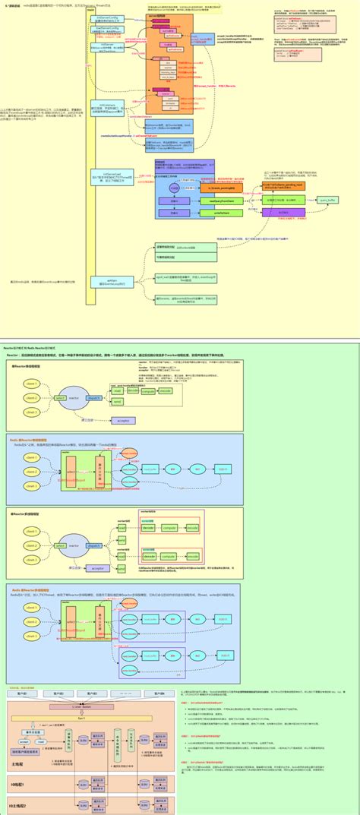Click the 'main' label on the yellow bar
click(x=90, y=10)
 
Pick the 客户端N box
click(x=156, y=694)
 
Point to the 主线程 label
click(x=21, y=765)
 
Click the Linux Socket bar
click(x=91, y=706)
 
